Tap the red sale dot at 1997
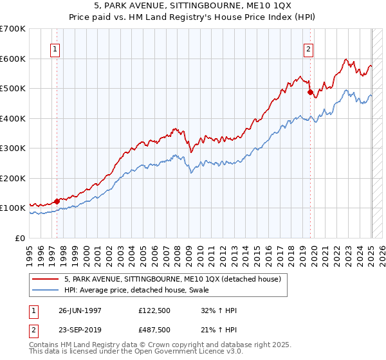coord(57,201)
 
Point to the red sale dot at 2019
coord(310,93)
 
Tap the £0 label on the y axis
coord(19,239)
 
